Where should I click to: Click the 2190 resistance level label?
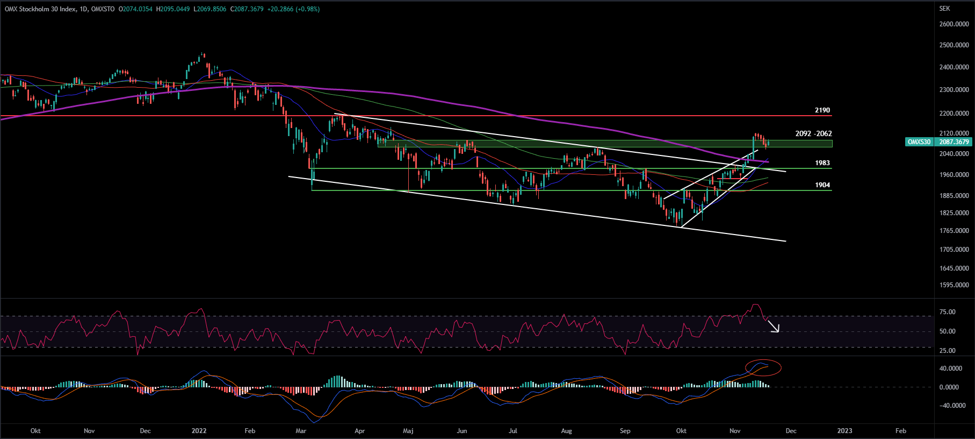(x=822, y=110)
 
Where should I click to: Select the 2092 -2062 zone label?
(x=813, y=133)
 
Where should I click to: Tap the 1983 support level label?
(x=822, y=163)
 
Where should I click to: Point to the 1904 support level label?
(x=822, y=185)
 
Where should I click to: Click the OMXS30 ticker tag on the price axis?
(x=919, y=142)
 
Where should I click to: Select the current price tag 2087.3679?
(x=954, y=142)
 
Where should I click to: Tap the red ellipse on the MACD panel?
(x=763, y=367)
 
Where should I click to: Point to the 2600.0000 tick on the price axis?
(x=954, y=24)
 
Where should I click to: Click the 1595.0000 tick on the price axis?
(x=954, y=285)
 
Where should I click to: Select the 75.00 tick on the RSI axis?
(x=947, y=312)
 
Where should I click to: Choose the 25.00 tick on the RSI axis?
(x=947, y=351)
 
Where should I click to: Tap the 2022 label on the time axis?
(x=199, y=431)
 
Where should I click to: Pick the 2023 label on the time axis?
(x=844, y=431)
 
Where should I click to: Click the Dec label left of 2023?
(x=791, y=431)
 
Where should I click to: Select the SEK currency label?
(x=944, y=9)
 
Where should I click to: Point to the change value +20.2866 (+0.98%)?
(x=293, y=9)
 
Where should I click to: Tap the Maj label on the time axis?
(x=408, y=431)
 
